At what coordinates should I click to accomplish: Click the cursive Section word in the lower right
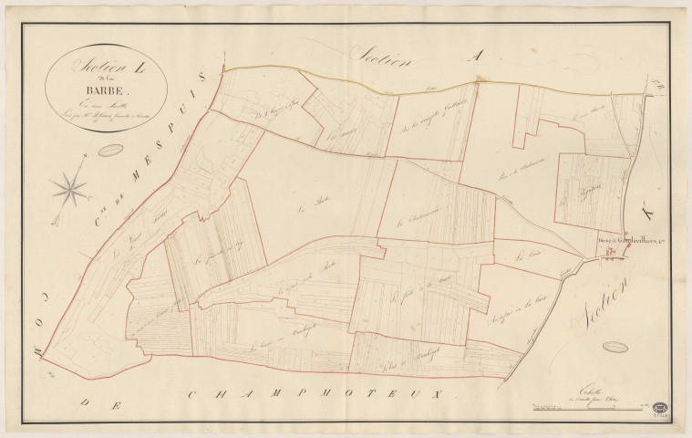pos(602,300)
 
